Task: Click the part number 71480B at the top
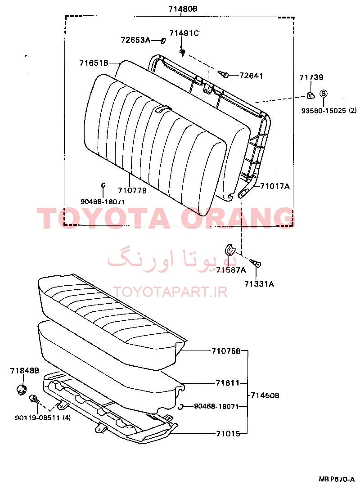click(x=183, y=9)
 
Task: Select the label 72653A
click(x=135, y=40)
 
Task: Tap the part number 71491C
click(x=184, y=33)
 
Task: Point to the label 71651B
click(x=94, y=63)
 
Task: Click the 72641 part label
click(x=251, y=76)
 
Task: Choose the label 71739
click(x=311, y=77)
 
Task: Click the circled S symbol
click(x=324, y=94)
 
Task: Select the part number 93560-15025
click(x=324, y=111)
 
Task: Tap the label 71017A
click(x=274, y=186)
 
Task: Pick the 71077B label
click(x=132, y=190)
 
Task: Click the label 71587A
click(x=231, y=269)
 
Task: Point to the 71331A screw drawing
click(x=256, y=263)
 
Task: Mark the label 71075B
click(x=226, y=350)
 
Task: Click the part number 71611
click(x=228, y=383)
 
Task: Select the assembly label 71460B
click(x=265, y=395)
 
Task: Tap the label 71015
click(x=228, y=434)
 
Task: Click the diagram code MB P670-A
click(x=337, y=479)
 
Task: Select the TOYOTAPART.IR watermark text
click(x=170, y=292)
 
